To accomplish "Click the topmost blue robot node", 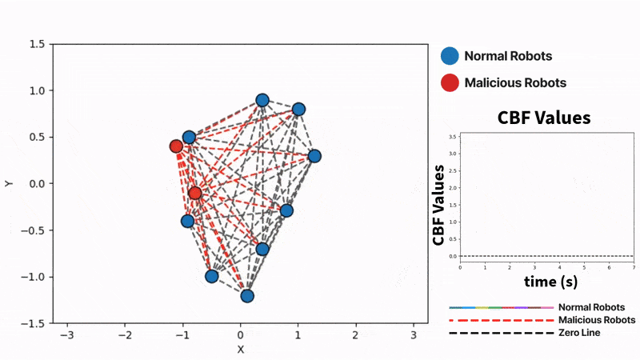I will [262, 100].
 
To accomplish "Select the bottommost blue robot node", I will [247, 295].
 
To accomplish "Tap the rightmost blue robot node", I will [314, 156].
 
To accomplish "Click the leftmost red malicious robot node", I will [176, 146].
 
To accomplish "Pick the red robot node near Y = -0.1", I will [195, 193].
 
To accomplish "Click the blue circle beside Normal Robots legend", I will [450, 56].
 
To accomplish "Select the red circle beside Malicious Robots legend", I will [450, 82].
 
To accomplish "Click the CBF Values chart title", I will [544, 118].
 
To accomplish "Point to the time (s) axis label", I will [551, 281].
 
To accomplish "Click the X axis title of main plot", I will [240, 349].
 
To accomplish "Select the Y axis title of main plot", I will [9, 183].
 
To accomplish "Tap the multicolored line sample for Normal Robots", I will [502, 307].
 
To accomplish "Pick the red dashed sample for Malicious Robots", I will [502, 320].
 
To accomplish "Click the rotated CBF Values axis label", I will [438, 205].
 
